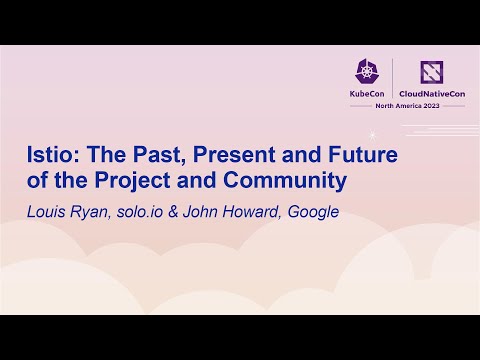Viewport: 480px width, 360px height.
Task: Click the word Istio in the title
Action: coord(50,156)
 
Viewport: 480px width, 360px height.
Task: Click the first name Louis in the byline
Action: coord(44,211)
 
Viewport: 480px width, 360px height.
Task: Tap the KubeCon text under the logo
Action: coord(365,93)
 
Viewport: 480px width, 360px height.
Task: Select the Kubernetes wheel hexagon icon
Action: coord(365,71)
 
